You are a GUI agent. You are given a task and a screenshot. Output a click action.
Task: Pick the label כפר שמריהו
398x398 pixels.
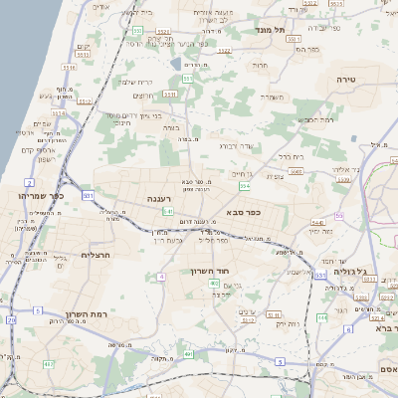click(40, 195)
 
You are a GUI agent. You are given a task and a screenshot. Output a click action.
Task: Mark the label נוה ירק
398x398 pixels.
click(288, 323)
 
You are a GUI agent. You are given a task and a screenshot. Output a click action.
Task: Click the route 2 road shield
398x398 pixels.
click(30, 183)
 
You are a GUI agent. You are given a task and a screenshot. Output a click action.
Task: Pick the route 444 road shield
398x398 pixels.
click(321, 316)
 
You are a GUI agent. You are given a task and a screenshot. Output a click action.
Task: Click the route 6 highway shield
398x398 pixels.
click(348, 328)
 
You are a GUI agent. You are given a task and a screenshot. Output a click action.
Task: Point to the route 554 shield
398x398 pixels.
click(245, 186)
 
